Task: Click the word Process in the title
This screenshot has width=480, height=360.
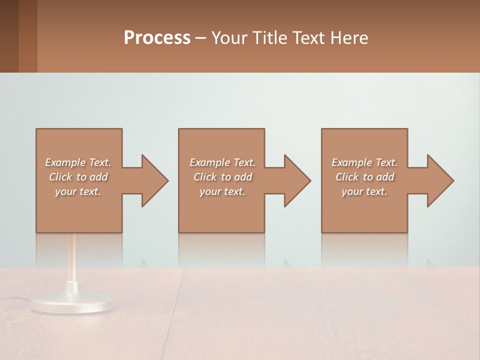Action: coord(157,38)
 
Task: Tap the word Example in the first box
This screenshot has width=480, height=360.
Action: coord(65,162)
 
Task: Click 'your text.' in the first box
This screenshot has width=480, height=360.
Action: coord(78,191)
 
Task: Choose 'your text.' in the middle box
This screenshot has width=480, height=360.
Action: coord(222,191)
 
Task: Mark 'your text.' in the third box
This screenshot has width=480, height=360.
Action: coord(364,191)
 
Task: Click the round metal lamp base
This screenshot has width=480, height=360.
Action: coord(72,303)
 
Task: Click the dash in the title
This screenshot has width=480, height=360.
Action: coord(200,38)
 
